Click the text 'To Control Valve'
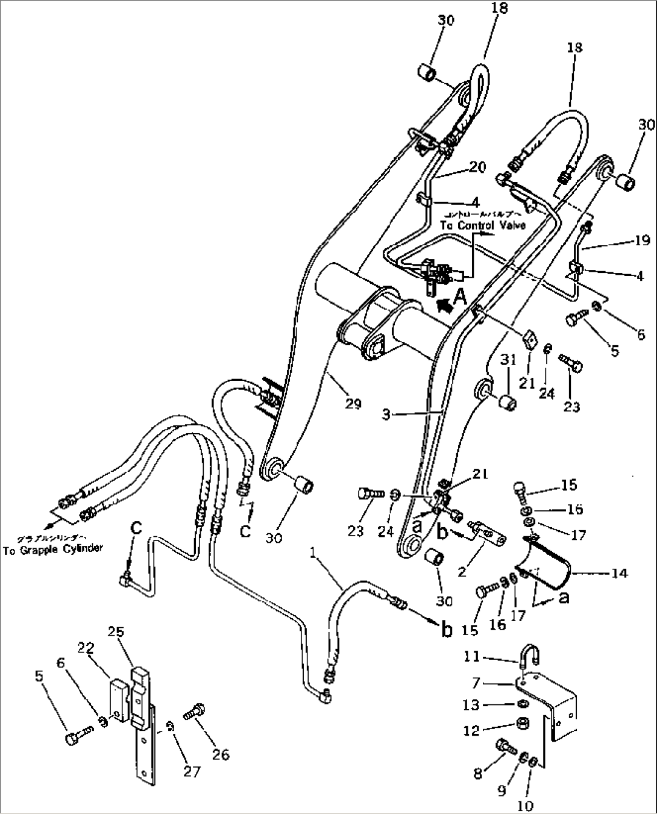point(482,225)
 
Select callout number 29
point(353,403)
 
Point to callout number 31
point(509,360)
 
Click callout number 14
point(618,573)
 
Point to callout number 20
point(477,168)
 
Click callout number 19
point(642,241)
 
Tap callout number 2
point(462,571)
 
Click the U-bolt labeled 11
point(526,656)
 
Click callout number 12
point(471,730)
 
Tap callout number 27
point(191,771)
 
